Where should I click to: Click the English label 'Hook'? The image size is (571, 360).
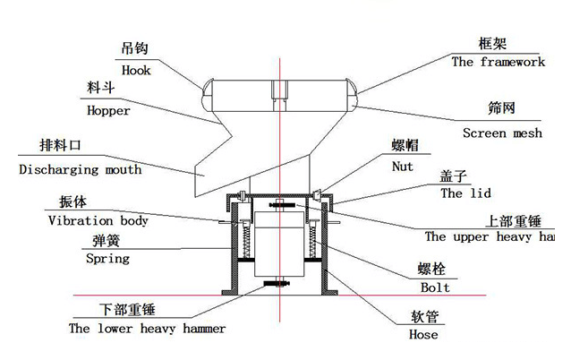coord(136,68)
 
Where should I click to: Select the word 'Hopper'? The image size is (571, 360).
coord(108,111)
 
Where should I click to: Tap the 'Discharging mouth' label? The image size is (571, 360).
coord(80,168)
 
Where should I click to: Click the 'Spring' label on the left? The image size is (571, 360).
coord(107,259)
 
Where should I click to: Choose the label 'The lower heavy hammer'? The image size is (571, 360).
coord(148,329)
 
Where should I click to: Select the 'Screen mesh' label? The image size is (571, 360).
coord(502,133)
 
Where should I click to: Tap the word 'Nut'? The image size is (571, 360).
coord(404,166)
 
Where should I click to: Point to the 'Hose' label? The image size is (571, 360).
coord(422,334)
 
